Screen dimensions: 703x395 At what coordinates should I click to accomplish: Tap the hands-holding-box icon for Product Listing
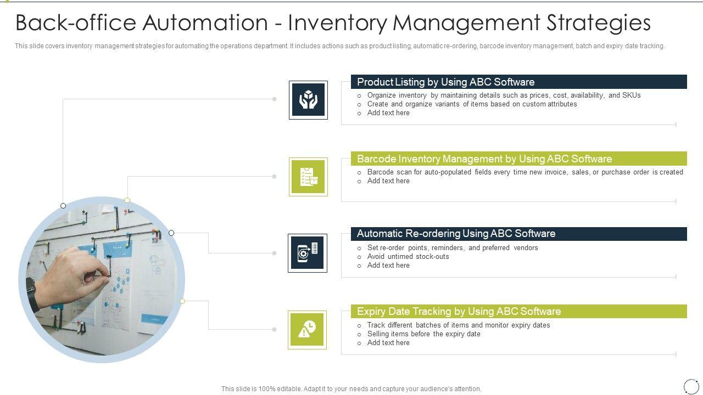tap(308, 100)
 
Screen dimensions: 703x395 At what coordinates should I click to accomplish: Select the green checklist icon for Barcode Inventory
tap(308, 177)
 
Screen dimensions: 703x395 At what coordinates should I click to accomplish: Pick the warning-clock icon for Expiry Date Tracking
tap(307, 330)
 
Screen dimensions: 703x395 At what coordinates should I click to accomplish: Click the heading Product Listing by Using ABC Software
tap(445, 82)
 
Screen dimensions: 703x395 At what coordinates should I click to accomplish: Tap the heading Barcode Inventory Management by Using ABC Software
tap(484, 159)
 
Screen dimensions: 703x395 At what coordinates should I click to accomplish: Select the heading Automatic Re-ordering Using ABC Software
tap(456, 234)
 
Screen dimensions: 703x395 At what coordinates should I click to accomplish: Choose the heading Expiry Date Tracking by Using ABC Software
tap(459, 312)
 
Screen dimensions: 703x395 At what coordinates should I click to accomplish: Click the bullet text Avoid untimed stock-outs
tap(408, 257)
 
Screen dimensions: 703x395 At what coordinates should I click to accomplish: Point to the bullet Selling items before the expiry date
tap(423, 334)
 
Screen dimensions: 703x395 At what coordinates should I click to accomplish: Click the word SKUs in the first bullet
tap(631, 95)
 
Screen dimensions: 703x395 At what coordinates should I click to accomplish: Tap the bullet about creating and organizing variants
tap(472, 104)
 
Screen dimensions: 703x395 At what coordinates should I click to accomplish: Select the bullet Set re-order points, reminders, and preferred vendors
tap(453, 248)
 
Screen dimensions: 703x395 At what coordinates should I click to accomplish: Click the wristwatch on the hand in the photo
tap(31, 294)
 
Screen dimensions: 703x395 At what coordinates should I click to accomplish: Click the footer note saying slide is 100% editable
tap(351, 389)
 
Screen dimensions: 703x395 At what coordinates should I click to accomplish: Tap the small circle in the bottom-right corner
tap(691, 386)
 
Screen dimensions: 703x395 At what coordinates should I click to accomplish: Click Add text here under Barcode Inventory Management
tap(388, 181)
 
